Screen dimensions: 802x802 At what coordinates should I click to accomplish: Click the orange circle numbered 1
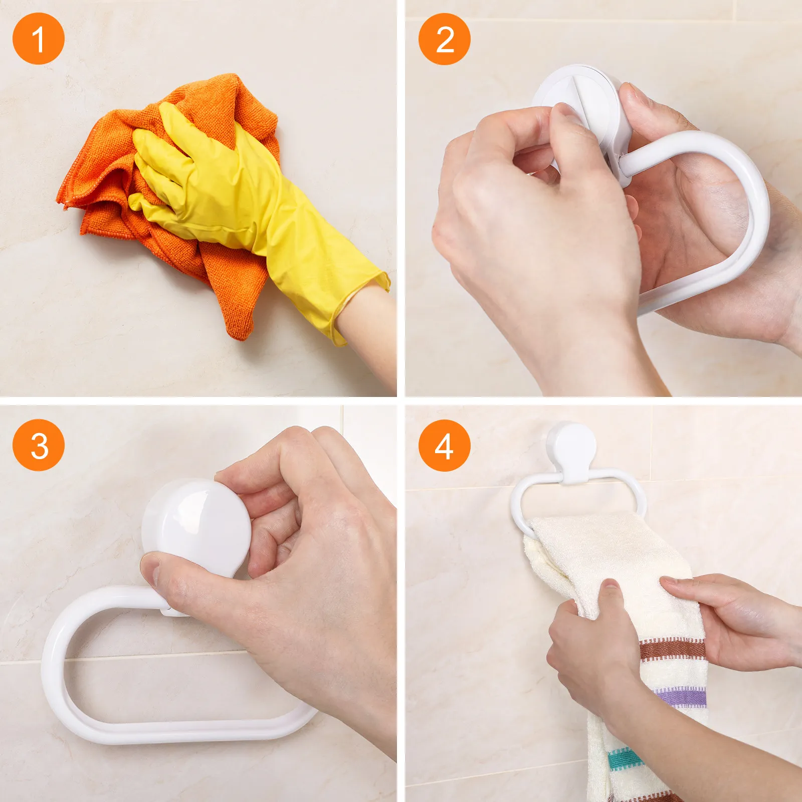[x=39, y=39]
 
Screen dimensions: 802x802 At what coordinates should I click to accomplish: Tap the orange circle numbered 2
[x=444, y=39]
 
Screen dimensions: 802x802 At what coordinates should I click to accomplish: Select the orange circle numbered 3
[x=39, y=445]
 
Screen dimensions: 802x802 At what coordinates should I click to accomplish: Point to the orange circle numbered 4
[x=444, y=445]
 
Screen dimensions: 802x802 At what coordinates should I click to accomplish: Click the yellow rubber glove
[x=226, y=190]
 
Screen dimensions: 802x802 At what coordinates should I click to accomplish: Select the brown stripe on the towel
[x=672, y=649]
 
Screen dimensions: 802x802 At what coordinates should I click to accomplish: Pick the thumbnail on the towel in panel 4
[x=610, y=584]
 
